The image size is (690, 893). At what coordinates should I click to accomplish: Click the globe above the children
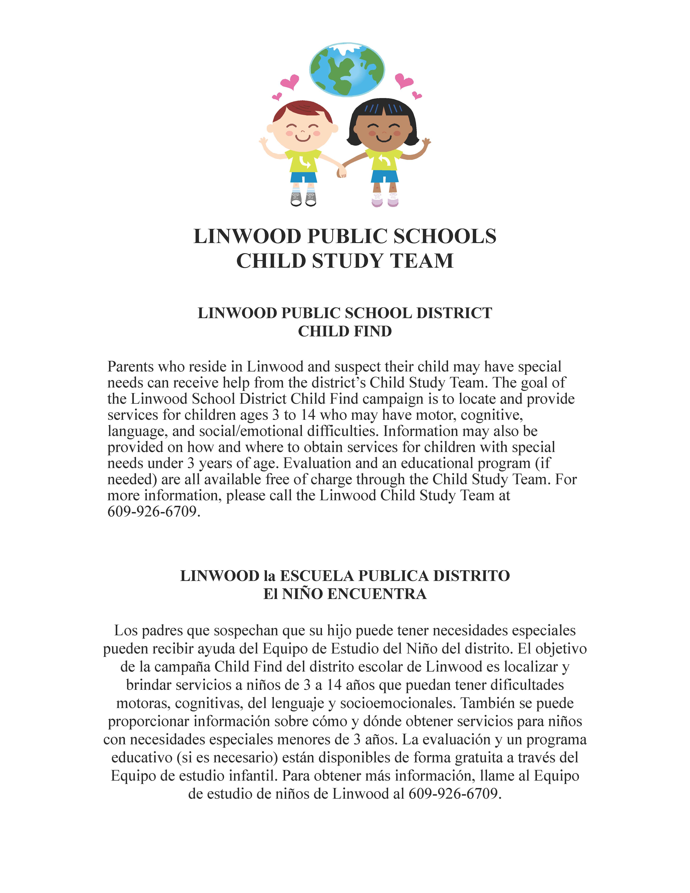(x=347, y=70)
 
